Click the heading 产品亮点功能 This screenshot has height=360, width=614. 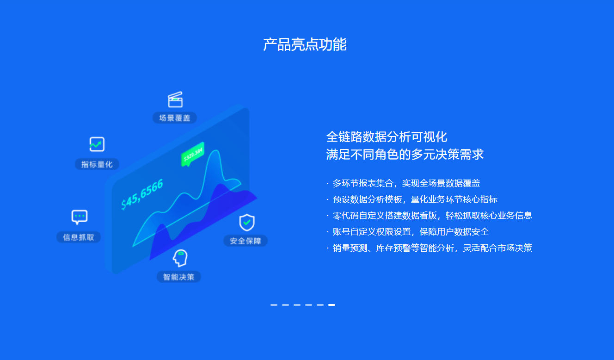coord(305,44)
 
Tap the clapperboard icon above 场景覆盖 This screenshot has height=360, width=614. coord(175,99)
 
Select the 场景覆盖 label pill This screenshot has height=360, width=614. coord(175,118)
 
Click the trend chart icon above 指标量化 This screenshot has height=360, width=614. coord(97,144)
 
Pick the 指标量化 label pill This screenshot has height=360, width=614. coord(97,164)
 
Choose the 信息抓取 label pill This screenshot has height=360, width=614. coord(79,237)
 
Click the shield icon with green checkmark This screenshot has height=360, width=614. coord(247,223)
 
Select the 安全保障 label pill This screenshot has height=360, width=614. coord(246,241)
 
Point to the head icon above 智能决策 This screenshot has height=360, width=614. coord(180,258)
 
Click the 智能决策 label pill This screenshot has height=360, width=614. coord(179,277)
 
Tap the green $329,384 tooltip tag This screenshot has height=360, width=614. coord(193,155)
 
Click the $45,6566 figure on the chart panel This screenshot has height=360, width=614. coord(142,194)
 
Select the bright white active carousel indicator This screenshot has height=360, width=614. coord(332,305)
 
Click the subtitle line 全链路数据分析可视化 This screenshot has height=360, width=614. coord(387,137)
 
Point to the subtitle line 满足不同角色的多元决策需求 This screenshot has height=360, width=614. coord(405,154)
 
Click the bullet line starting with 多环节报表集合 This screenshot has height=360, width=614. coord(403,183)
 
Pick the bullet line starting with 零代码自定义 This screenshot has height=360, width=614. coord(429,216)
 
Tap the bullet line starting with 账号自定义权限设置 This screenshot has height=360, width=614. coord(408,232)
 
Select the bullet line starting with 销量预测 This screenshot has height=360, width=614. coord(429,248)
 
